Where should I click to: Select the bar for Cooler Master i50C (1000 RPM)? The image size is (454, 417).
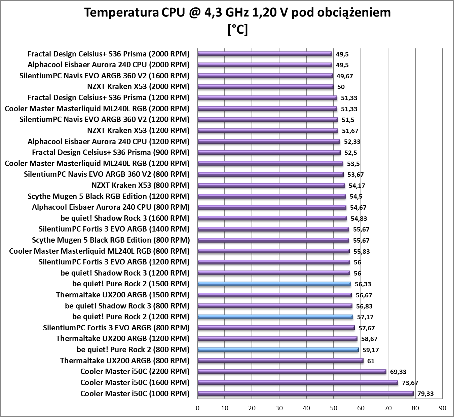[x=305, y=393]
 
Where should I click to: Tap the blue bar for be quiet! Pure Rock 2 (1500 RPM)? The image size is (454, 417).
[x=274, y=284]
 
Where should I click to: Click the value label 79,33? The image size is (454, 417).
[x=425, y=394]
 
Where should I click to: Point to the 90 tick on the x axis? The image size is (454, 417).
[x=443, y=408]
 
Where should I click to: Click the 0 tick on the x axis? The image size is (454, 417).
[x=198, y=408]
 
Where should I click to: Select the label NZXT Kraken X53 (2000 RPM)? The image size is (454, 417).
[x=138, y=87]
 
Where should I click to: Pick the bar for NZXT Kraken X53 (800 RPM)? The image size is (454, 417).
[x=271, y=185]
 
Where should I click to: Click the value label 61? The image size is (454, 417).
[x=371, y=361]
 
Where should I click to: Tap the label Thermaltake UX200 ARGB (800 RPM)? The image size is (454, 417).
[x=125, y=361]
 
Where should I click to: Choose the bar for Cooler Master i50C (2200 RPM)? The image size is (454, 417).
[x=292, y=372]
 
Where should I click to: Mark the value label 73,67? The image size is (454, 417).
[x=410, y=383]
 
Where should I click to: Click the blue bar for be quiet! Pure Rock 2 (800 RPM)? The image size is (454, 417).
[x=278, y=350]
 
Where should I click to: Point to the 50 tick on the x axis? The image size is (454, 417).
[x=334, y=408]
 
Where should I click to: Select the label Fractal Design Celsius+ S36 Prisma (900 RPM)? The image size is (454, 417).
[x=111, y=153]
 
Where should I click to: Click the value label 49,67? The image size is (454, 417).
[x=345, y=76]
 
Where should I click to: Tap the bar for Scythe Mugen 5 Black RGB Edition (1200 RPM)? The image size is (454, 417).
[x=272, y=196]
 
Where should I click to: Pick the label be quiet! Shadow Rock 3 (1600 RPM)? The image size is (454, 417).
[x=125, y=218]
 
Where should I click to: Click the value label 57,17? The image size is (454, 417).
[x=365, y=317]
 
